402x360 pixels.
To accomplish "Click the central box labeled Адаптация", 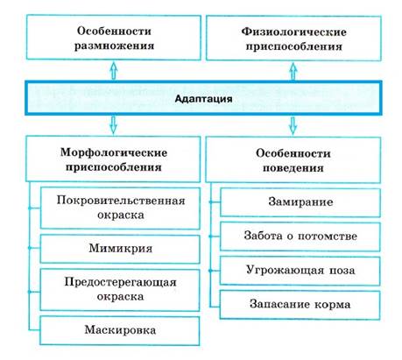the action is [x=203, y=98].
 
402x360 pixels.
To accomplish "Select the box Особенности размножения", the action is [x=114, y=38].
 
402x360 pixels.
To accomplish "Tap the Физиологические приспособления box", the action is [x=293, y=39].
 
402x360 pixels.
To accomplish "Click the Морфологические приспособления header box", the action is [x=113, y=159].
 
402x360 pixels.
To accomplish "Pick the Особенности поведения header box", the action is [x=293, y=160].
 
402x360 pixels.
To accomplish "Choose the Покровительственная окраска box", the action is [x=120, y=208].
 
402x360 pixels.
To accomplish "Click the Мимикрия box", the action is [x=120, y=249].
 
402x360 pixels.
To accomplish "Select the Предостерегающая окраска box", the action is [x=120, y=290].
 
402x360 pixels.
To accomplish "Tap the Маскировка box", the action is [x=120, y=330].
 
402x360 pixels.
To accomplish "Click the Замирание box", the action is [x=300, y=202].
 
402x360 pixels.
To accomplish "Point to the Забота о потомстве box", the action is [x=300, y=236].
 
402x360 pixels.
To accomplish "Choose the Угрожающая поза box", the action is [x=300, y=271].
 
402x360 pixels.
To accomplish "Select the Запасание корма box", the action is [x=300, y=305].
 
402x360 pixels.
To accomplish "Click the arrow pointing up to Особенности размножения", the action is [x=114, y=70].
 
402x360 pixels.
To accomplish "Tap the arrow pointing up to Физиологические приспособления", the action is [x=293, y=71].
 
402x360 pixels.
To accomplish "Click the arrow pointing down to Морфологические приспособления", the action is [x=113, y=125].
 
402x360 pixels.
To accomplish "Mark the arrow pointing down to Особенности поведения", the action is [x=293, y=126].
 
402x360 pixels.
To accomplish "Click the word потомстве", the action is [x=328, y=236].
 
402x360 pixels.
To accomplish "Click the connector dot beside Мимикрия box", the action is [x=29, y=248].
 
